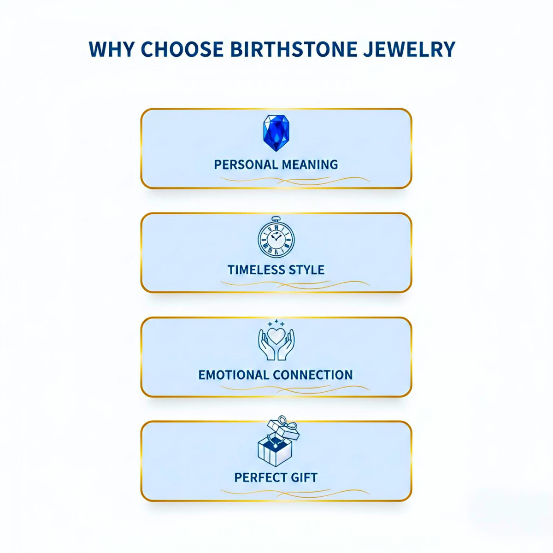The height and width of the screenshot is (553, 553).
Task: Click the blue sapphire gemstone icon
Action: tap(276, 133)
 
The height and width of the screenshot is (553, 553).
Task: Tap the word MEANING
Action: tap(310, 165)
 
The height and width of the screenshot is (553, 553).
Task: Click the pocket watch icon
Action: tap(276, 238)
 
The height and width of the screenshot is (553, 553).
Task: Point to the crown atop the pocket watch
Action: tap(276, 218)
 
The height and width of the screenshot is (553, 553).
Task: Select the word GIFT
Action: tap(304, 477)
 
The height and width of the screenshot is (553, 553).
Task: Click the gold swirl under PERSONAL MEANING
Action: tap(295, 180)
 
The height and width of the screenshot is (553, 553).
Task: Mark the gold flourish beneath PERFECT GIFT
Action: tap(295, 493)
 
